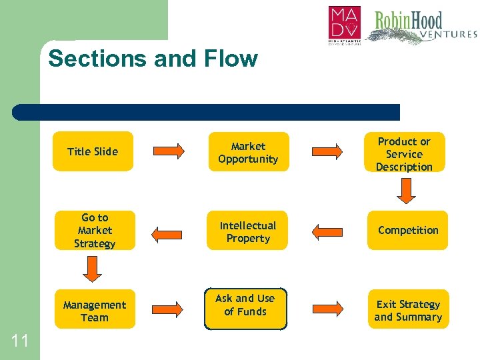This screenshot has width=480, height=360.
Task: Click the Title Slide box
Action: [x=93, y=151]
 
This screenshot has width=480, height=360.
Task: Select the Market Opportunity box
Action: [x=248, y=152]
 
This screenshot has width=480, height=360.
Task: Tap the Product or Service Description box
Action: [x=404, y=153]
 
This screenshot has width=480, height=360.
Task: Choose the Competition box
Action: [x=408, y=230]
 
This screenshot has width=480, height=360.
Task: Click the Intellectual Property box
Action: [x=247, y=231]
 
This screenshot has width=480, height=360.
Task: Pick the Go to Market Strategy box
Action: [x=94, y=231]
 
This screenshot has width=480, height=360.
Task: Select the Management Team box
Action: [x=94, y=310]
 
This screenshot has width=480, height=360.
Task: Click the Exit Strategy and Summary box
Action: [x=408, y=310]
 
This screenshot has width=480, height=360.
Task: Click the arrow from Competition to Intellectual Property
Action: [x=327, y=231]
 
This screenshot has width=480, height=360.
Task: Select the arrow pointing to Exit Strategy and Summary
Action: [x=327, y=309]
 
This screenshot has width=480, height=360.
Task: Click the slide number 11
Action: [x=20, y=341]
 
